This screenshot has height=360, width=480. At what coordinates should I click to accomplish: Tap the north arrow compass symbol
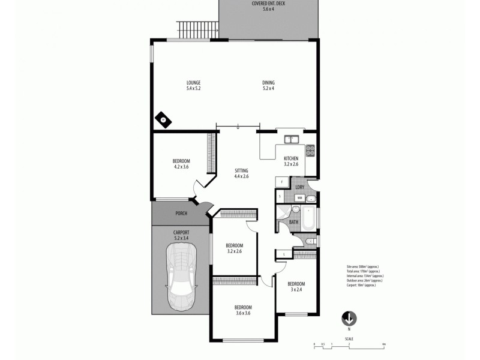tap(349, 318)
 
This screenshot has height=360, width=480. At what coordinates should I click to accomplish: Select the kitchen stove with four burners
tap(310, 150)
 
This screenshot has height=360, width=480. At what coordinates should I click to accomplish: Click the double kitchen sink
tap(292, 139)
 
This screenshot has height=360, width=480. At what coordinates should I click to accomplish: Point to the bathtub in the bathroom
tap(309, 220)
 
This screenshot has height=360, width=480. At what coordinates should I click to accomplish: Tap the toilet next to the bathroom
tap(308, 241)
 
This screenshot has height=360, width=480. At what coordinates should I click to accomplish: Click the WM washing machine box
tap(299, 197)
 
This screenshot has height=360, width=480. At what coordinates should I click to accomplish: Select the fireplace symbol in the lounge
tap(163, 119)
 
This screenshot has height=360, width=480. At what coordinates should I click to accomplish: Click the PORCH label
tap(181, 214)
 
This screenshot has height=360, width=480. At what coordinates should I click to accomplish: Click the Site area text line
tap(362, 266)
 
